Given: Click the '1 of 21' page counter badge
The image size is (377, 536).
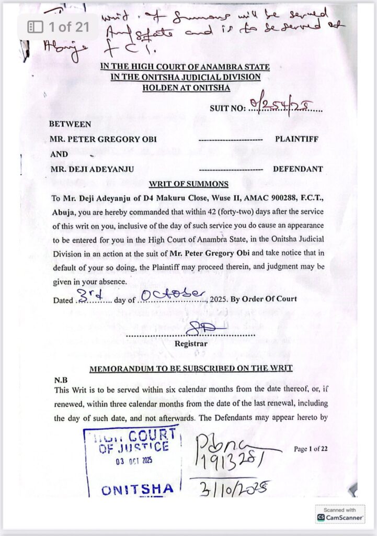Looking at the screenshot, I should [x=58, y=26].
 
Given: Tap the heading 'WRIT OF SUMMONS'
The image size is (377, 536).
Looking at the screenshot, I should [x=188, y=184].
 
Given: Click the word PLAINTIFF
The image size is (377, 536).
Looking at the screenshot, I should [x=296, y=139].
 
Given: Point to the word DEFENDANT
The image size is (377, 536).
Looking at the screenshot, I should [x=298, y=169].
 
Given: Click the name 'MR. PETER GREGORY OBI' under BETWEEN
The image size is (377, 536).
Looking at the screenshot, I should [x=103, y=140].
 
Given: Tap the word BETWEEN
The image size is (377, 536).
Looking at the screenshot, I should [x=70, y=125].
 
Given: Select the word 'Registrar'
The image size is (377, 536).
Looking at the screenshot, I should [x=190, y=344].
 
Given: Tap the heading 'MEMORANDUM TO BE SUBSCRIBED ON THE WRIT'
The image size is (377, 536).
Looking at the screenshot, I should [x=191, y=368].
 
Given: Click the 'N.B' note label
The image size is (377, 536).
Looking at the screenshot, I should [x=61, y=379].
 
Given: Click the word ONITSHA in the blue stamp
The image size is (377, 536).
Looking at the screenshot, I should [x=138, y=489].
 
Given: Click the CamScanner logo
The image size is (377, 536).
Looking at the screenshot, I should [x=340, y=517].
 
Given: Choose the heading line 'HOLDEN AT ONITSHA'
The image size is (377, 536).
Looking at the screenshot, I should [x=186, y=88].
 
